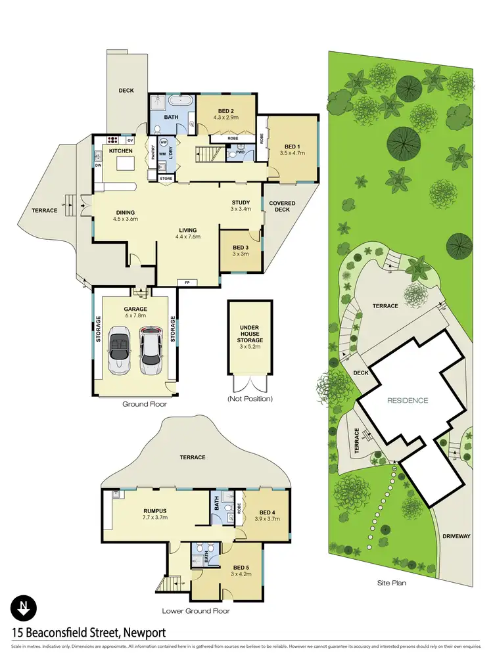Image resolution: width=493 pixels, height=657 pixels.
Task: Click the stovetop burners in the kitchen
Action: click(x=112, y=140)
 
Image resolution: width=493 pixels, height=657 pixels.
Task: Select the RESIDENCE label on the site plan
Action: click(x=407, y=400)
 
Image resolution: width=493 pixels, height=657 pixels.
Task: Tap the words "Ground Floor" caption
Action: click(x=144, y=404)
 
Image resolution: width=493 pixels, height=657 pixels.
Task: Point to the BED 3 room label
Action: click(x=241, y=249)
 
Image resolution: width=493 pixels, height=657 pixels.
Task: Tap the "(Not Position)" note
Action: click(x=249, y=399)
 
